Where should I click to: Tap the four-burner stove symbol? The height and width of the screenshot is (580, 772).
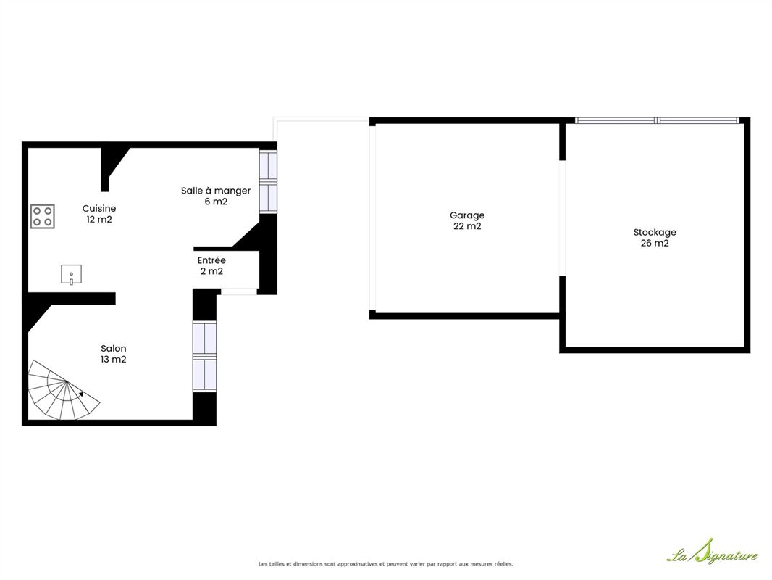tap(42, 216)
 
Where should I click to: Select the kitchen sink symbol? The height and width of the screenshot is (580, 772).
tap(72, 275)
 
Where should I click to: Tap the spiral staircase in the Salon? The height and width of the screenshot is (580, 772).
tap(62, 391)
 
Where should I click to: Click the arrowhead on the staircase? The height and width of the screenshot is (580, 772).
tap(80, 394)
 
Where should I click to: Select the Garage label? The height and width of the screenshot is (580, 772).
tap(467, 215)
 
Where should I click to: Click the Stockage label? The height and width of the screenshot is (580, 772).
tap(655, 232)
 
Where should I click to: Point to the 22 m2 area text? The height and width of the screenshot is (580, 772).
tap(467, 226)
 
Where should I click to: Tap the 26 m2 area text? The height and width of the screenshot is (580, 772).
tap(655, 243)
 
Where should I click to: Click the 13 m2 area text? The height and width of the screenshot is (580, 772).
tap(113, 359)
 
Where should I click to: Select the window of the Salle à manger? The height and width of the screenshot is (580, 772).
tap(269, 182)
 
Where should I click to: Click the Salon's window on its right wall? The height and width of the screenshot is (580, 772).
tap(204, 356)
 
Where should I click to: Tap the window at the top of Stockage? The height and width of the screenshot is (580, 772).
tap(658, 120)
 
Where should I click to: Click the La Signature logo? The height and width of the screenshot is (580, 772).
tap(713, 552)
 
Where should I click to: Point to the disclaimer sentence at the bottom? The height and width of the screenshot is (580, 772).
tap(386, 564)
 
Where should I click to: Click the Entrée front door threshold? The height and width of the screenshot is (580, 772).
tap(239, 291)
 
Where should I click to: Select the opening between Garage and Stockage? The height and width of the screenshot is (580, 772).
tap(562, 218)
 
